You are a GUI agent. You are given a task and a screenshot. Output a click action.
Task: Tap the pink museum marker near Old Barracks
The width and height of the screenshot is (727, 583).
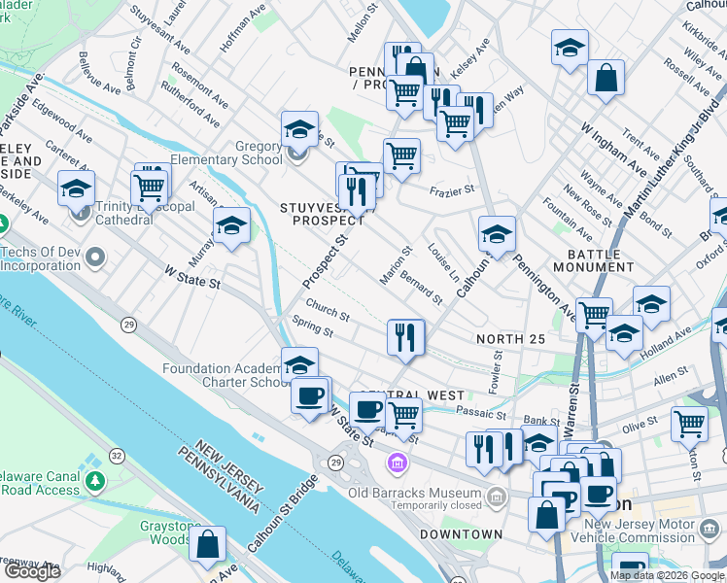(396, 461)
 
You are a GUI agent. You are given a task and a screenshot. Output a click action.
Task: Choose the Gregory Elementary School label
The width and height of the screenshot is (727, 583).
(225, 154)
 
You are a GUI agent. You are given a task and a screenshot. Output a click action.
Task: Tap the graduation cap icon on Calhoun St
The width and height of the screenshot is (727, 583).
(497, 234)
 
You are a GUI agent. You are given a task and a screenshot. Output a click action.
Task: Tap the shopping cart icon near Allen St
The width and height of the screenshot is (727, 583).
(689, 423)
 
